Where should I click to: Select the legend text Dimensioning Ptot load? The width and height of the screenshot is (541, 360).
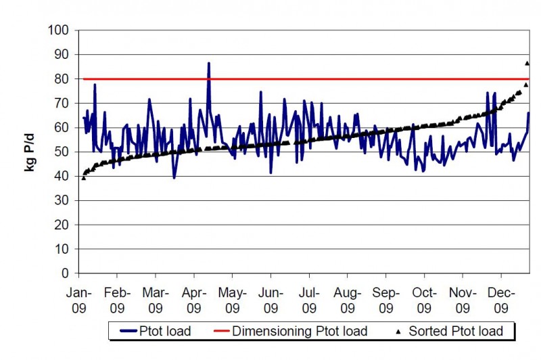(x=300, y=331)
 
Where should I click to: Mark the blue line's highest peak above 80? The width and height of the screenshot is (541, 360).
(x=209, y=63)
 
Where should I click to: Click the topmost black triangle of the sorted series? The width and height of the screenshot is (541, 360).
(x=527, y=63)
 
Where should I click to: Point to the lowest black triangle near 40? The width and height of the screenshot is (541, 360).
(x=83, y=177)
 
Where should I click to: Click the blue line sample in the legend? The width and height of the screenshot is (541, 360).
(x=129, y=332)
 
